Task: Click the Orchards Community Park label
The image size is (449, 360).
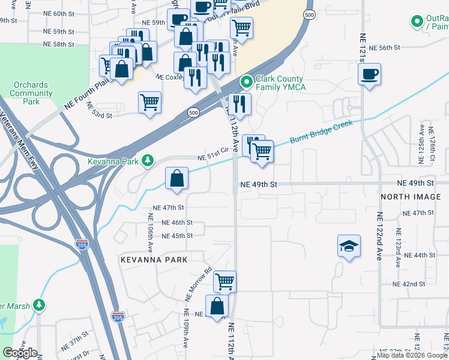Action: coord(31,93)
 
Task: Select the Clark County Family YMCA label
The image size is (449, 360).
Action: coord(280,83)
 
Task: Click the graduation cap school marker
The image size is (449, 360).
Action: coord(349,246)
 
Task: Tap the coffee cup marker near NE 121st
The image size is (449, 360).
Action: coord(369,75)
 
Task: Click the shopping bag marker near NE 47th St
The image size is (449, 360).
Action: coord(176,179)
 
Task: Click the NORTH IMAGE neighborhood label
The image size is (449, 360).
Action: coord(411,197)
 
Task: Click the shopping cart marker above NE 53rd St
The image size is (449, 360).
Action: coord(149,102)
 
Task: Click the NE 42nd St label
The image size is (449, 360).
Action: coord(409,284)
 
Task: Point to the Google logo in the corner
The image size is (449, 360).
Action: coord(20,353)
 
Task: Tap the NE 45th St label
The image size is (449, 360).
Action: coord(173,236)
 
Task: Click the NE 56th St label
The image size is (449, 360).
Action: coord(384,47)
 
